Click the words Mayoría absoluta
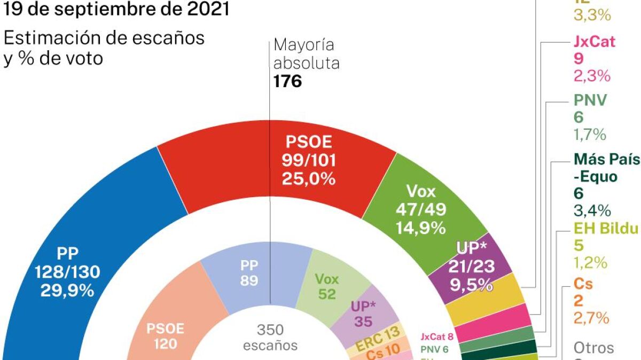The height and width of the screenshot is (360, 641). (306, 54)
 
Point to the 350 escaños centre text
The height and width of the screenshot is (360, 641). (270, 337)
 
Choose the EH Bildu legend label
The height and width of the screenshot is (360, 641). (606, 229)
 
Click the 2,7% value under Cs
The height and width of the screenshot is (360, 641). (591, 318)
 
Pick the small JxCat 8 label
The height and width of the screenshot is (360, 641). (437, 336)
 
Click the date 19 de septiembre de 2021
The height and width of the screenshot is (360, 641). (116, 9)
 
